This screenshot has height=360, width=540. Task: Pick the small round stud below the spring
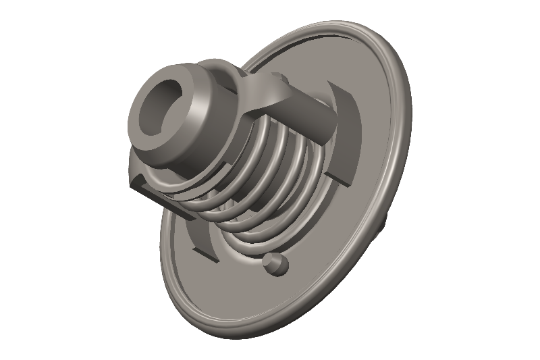click(x=275, y=263)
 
